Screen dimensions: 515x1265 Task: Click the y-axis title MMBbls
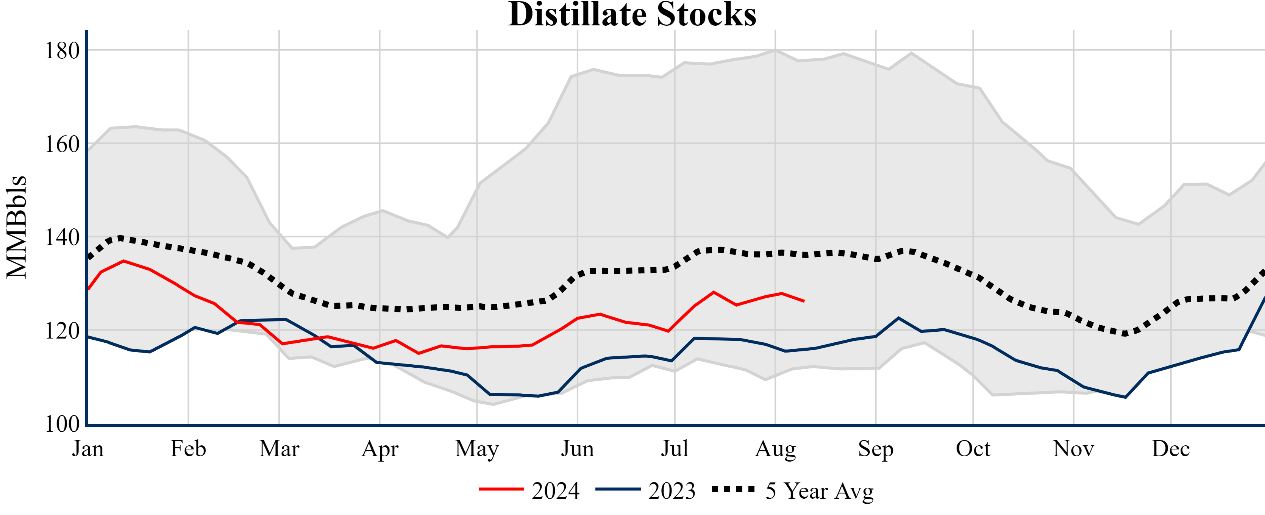click(x=17, y=227)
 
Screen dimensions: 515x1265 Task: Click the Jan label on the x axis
click(x=88, y=449)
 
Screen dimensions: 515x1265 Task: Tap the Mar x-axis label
click(x=279, y=449)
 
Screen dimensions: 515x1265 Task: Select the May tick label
click(x=477, y=449)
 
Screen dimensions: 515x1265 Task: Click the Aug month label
click(x=775, y=449)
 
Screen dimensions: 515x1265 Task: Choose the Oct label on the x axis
click(x=973, y=449)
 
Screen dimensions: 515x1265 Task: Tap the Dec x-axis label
click(x=1171, y=449)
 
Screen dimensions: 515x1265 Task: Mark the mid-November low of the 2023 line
click(x=1126, y=397)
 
